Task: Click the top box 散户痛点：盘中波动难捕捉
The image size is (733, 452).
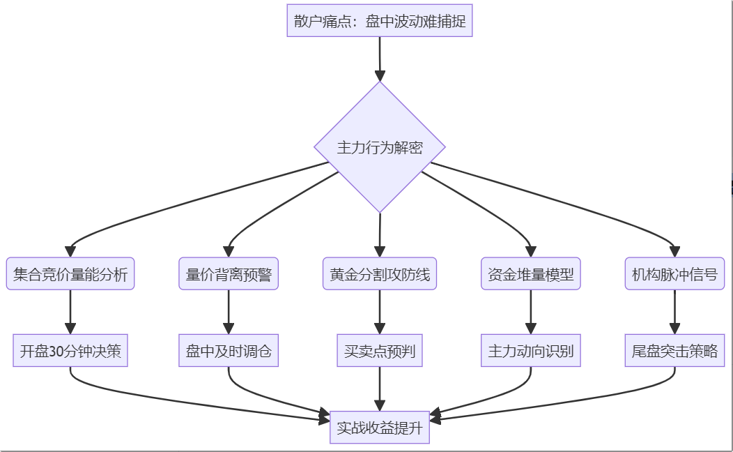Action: click(x=380, y=21)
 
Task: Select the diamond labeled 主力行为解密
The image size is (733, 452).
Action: click(x=380, y=147)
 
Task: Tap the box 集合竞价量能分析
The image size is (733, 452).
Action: click(x=70, y=274)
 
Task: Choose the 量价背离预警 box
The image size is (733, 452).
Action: click(x=229, y=274)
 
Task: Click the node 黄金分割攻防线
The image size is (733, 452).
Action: click(x=380, y=274)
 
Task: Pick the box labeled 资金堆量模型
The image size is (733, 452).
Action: click(x=531, y=274)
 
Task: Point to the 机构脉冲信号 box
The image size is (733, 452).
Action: click(x=674, y=274)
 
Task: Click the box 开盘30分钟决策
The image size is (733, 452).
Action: click(x=70, y=351)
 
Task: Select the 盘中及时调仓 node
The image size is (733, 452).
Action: click(x=229, y=351)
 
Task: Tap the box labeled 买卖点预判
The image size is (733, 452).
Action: click(x=380, y=351)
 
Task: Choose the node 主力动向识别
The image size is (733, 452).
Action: click(x=531, y=351)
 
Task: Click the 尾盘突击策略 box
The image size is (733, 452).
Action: click(x=674, y=351)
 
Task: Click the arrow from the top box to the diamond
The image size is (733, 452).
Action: click(x=380, y=59)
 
